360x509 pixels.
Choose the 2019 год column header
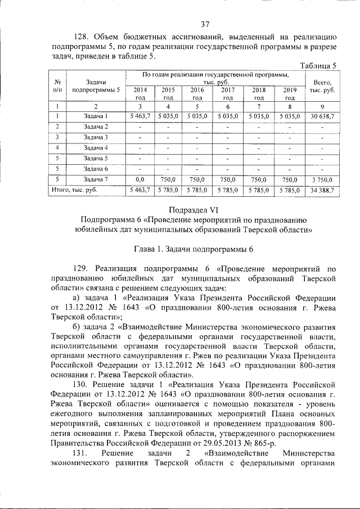pyautogui.click(x=290, y=93)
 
